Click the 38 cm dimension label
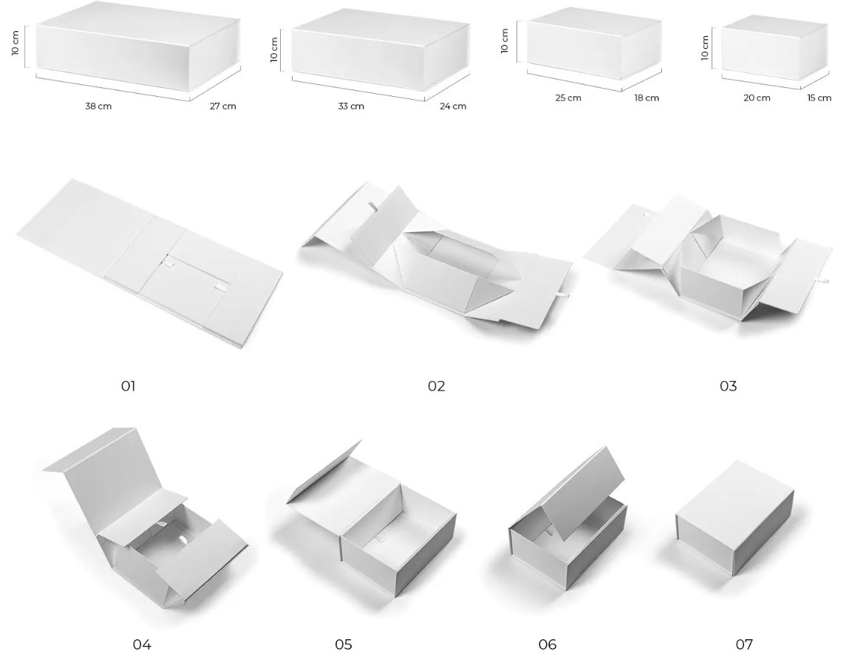(98, 106)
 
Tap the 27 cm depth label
(222, 106)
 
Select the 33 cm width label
(351, 106)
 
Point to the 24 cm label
(453, 106)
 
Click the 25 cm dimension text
(568, 98)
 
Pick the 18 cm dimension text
(646, 98)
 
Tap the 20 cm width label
(757, 98)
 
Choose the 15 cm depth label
(819, 98)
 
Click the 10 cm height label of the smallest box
(705, 48)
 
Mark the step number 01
(128, 386)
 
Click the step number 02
(436, 386)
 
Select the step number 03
(728, 386)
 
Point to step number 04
(142, 644)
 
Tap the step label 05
(344, 644)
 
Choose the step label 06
(547, 644)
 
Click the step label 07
(744, 644)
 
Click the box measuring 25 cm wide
(594, 49)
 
